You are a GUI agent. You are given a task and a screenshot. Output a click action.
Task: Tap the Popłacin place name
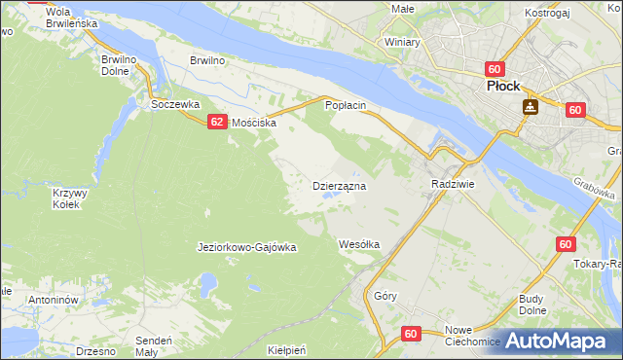pos(345,104)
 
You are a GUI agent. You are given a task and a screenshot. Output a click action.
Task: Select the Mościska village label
pos(254,124)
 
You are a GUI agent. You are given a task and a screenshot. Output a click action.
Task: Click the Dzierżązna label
pos(339,185)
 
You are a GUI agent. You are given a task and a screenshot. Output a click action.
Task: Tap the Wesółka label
pos(358,244)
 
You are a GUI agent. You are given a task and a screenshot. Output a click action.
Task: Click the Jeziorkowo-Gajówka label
pos(246,247)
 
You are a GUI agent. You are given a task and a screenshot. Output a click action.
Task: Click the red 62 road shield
pos(215,122)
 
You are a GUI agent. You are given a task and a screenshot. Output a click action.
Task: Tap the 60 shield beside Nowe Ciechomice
pos(410,334)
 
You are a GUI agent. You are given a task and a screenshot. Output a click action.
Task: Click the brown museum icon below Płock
pos(531,107)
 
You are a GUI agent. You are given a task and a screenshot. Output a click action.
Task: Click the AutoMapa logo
pos(559,341)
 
